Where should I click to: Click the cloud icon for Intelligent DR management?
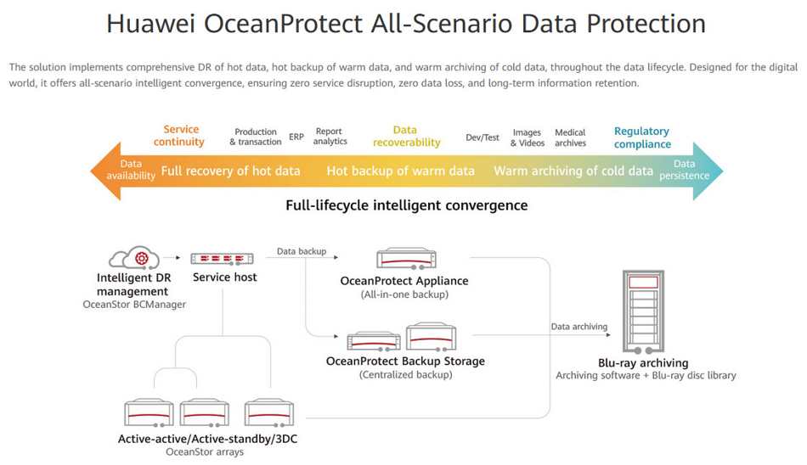click(x=134, y=257)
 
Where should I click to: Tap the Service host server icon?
click(x=222, y=259)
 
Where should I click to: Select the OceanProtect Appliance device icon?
click(x=406, y=259)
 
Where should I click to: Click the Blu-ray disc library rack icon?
click(x=643, y=311)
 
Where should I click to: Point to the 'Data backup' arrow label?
click(x=302, y=251)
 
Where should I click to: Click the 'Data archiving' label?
click(x=579, y=327)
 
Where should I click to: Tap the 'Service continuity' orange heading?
click(x=179, y=135)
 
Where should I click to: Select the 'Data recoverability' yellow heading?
click(x=407, y=137)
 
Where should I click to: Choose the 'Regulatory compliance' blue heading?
click(x=642, y=137)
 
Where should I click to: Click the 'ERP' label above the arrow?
click(x=296, y=137)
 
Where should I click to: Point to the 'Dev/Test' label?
click(x=483, y=137)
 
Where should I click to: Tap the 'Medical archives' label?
click(x=570, y=137)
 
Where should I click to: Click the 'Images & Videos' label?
click(x=527, y=137)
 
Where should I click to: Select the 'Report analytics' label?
click(x=330, y=137)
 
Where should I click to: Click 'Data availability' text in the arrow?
click(x=131, y=169)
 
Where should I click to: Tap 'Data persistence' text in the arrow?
click(x=684, y=169)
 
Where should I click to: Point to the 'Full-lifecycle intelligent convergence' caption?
click(x=407, y=205)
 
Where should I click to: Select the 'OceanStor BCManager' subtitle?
click(x=134, y=305)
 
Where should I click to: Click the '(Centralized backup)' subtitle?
click(x=405, y=374)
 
